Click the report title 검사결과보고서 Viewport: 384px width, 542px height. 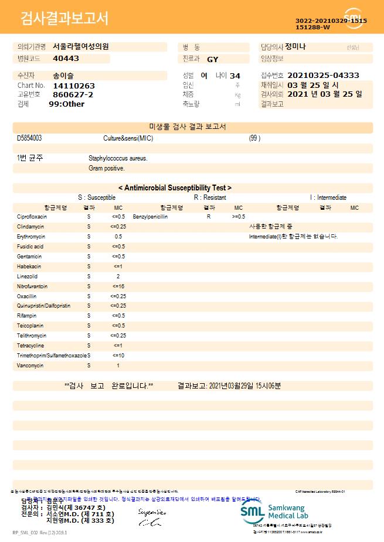pos(64,19)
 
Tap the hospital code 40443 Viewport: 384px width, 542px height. pos(66,59)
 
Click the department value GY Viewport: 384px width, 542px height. pos(212,59)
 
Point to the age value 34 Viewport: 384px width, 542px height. pos(235,76)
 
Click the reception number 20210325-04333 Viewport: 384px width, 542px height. pos(324,76)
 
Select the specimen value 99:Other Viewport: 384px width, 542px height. pos(66,104)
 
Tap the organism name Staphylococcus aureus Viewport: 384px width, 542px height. pos(118,158)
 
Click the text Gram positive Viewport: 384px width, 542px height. pos(106,168)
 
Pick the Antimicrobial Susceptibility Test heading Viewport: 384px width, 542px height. pos(175,188)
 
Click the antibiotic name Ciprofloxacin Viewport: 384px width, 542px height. pos(32,217)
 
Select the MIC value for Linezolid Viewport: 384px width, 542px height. pos(118,276)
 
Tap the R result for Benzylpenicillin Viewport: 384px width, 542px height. pos(208,217)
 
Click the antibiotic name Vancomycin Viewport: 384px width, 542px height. pos(30,365)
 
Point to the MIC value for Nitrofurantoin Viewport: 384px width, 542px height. pos(118,286)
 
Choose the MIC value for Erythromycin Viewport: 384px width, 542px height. pos(118,236)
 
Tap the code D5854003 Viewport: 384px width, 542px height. pos(29,138)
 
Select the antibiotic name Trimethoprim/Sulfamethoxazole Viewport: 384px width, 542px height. pos(52,356)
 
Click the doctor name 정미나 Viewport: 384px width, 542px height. pos(295,46)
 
